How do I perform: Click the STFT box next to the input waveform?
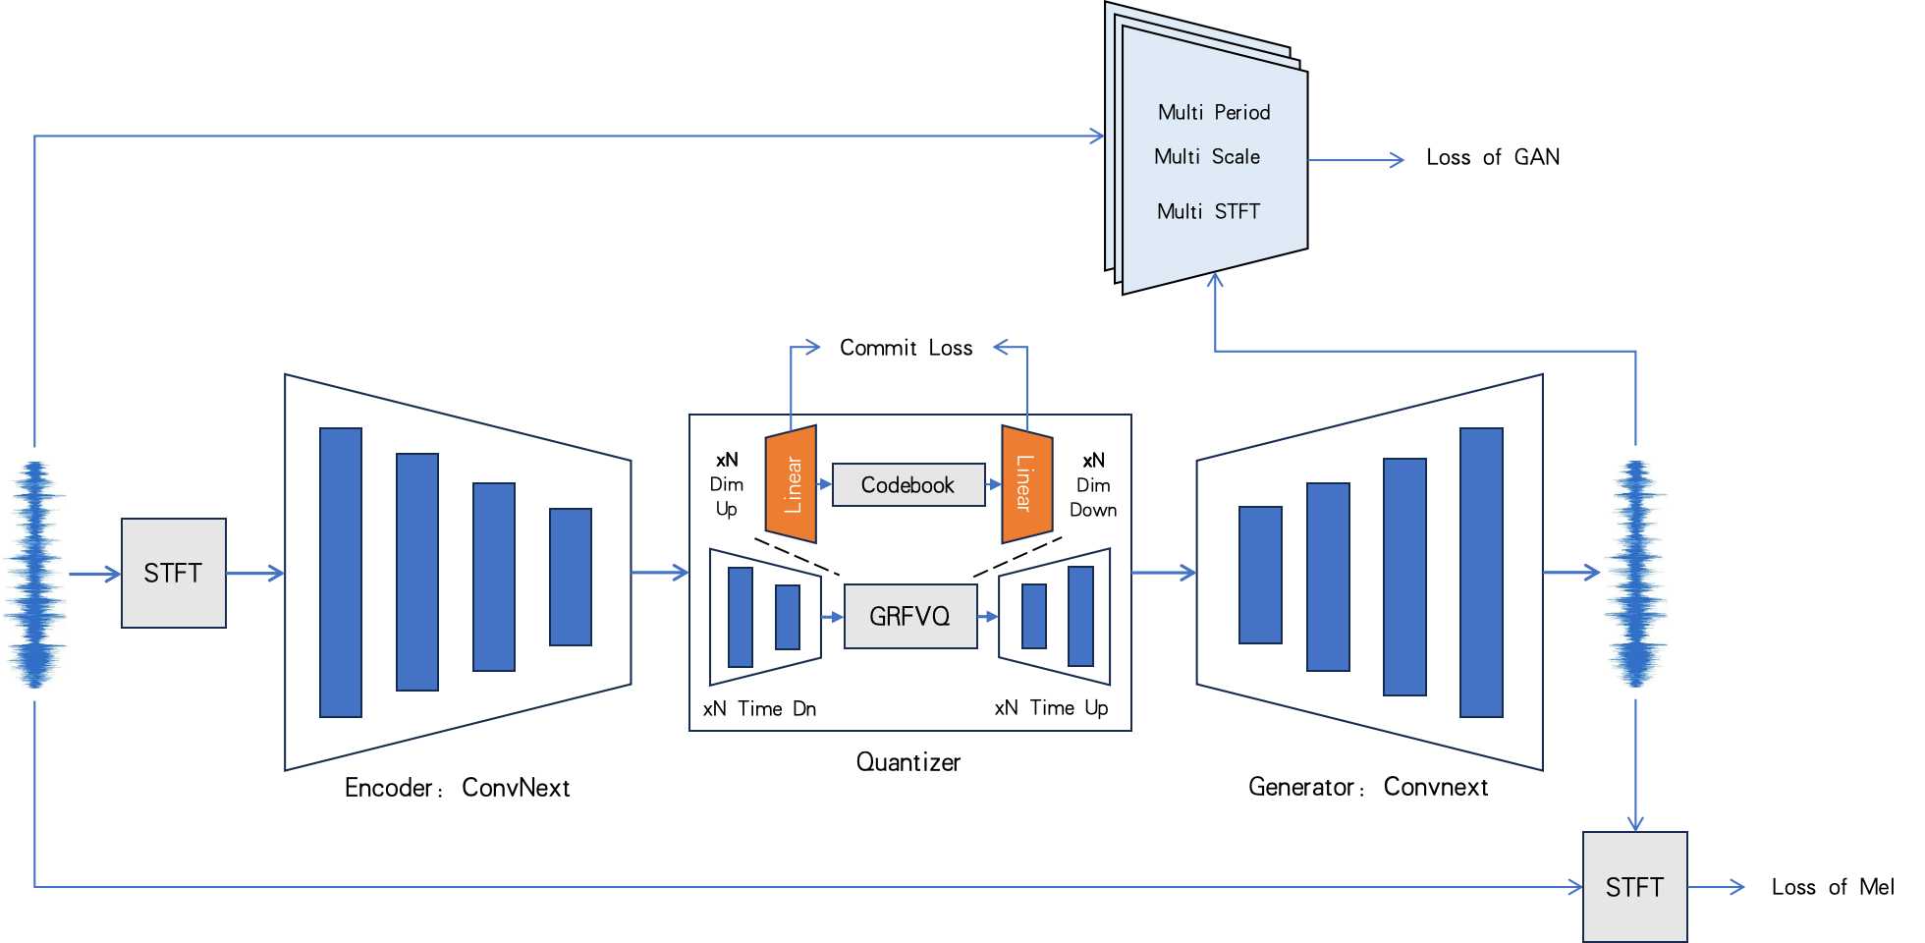click(x=174, y=573)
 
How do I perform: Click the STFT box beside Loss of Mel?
click(x=1634, y=886)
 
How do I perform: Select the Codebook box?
click(x=907, y=484)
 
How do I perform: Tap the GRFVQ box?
click(x=909, y=616)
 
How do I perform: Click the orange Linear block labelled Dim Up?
click(x=791, y=484)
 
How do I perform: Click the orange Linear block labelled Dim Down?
click(x=1026, y=484)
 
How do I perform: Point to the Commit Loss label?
click(x=906, y=348)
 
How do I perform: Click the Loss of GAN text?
click(x=1492, y=157)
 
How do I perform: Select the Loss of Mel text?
click(x=1832, y=887)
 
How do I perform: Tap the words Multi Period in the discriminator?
click(x=1214, y=112)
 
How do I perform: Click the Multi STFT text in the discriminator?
click(x=1208, y=211)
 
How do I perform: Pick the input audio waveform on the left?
click(x=36, y=575)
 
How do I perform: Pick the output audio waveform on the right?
click(x=1635, y=575)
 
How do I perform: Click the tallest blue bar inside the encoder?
click(x=341, y=573)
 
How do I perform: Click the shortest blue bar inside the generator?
click(x=1260, y=575)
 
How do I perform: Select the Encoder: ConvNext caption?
click(x=457, y=788)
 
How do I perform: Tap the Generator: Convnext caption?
click(x=1367, y=787)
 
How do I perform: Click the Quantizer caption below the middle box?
click(x=907, y=762)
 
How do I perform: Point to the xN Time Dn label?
click(x=759, y=708)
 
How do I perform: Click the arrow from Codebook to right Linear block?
click(x=993, y=484)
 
